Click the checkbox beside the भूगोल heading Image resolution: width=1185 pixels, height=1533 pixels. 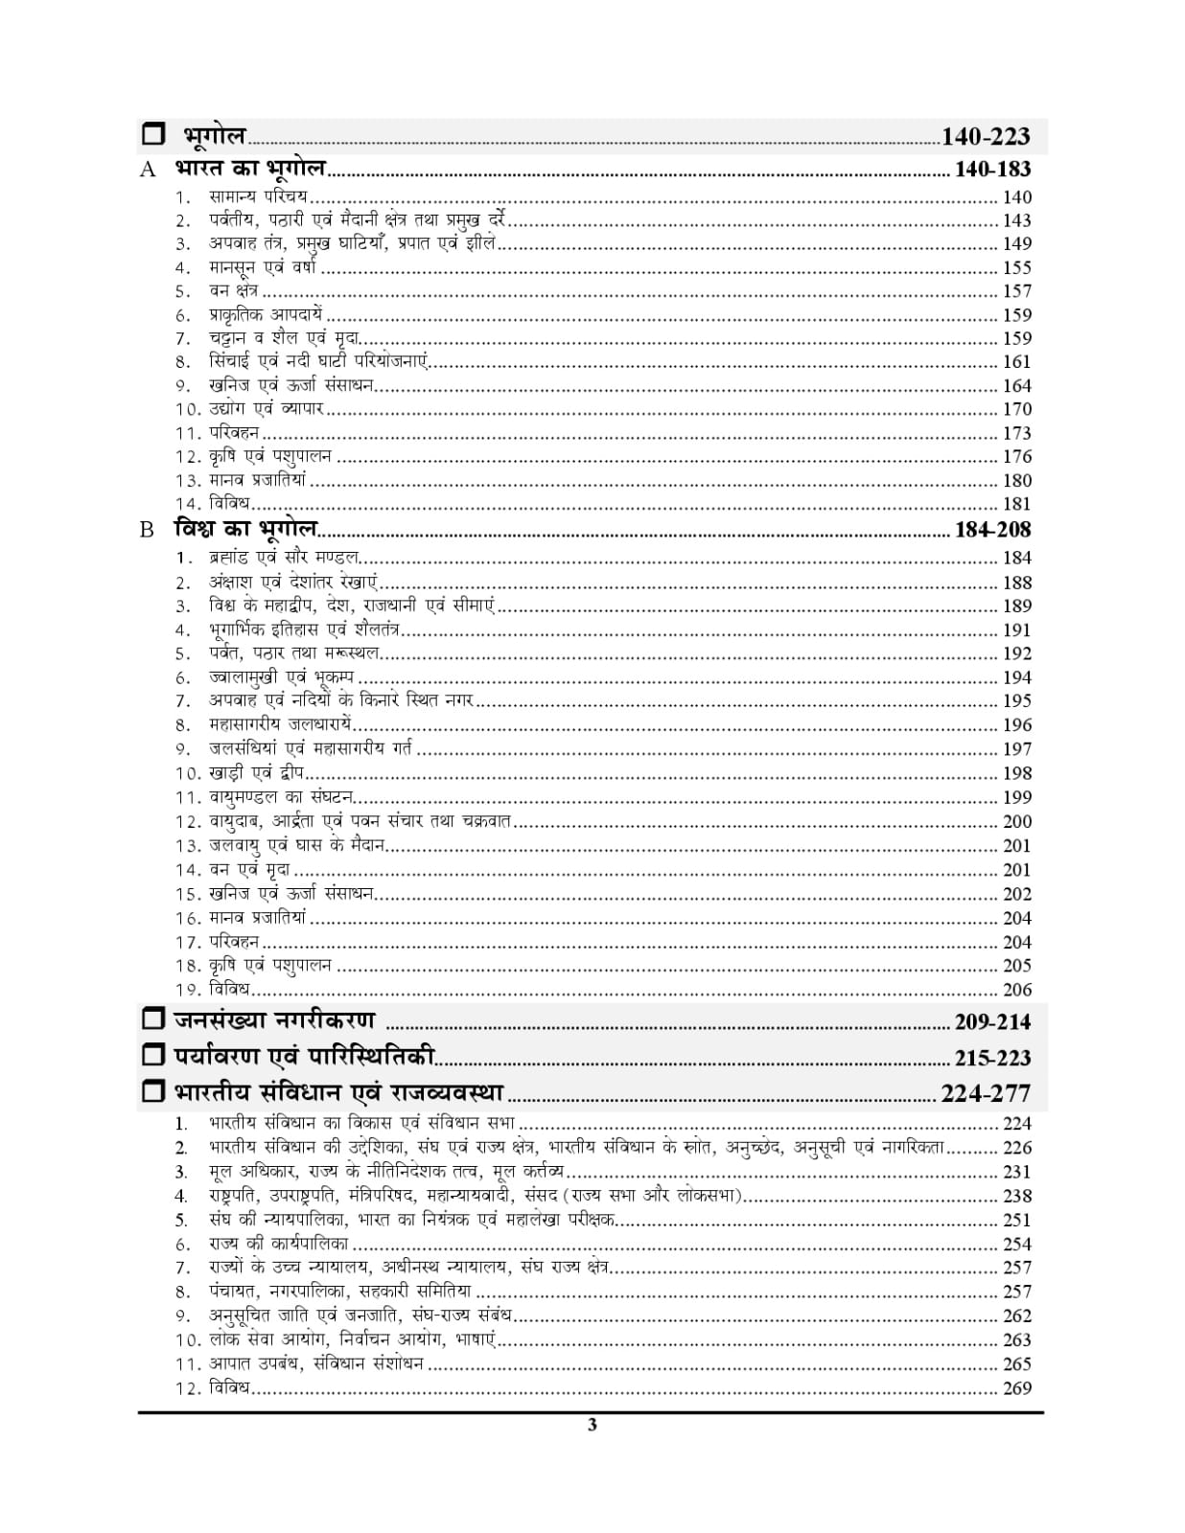pyautogui.click(x=153, y=135)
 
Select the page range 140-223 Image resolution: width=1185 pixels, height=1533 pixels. pyautogui.click(x=986, y=137)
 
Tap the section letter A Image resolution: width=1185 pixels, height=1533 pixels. pyautogui.click(x=148, y=171)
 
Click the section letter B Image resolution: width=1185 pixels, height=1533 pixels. pyautogui.click(x=147, y=530)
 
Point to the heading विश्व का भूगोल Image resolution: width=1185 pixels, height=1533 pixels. pyautogui.click(x=246, y=529)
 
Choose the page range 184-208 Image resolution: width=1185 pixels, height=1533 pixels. pyautogui.click(x=992, y=530)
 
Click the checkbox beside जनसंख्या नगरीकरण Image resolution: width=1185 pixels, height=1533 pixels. pyautogui.click(x=153, y=1019)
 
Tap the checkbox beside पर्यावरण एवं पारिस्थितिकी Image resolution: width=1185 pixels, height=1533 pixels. pyautogui.click(x=153, y=1056)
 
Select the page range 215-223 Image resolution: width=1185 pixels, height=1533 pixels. pyautogui.click(x=992, y=1058)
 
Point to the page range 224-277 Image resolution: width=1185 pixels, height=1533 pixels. pyautogui.click(x=986, y=1093)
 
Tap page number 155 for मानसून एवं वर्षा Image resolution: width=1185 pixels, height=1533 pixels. pyautogui.click(x=1016, y=267)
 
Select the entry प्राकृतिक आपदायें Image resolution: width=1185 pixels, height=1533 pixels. pyautogui.click(x=266, y=314)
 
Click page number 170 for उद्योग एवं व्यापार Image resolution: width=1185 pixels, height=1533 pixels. pyautogui.click(x=1016, y=409)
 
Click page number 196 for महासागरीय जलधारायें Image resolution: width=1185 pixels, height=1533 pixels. pyautogui.click(x=1016, y=725)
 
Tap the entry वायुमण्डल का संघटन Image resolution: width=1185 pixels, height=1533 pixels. pyautogui.click(x=281, y=797)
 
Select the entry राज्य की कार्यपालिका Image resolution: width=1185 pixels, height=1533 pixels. pyautogui.click(x=278, y=1244)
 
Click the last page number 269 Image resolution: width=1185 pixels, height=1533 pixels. pyautogui.click(x=1016, y=1388)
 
